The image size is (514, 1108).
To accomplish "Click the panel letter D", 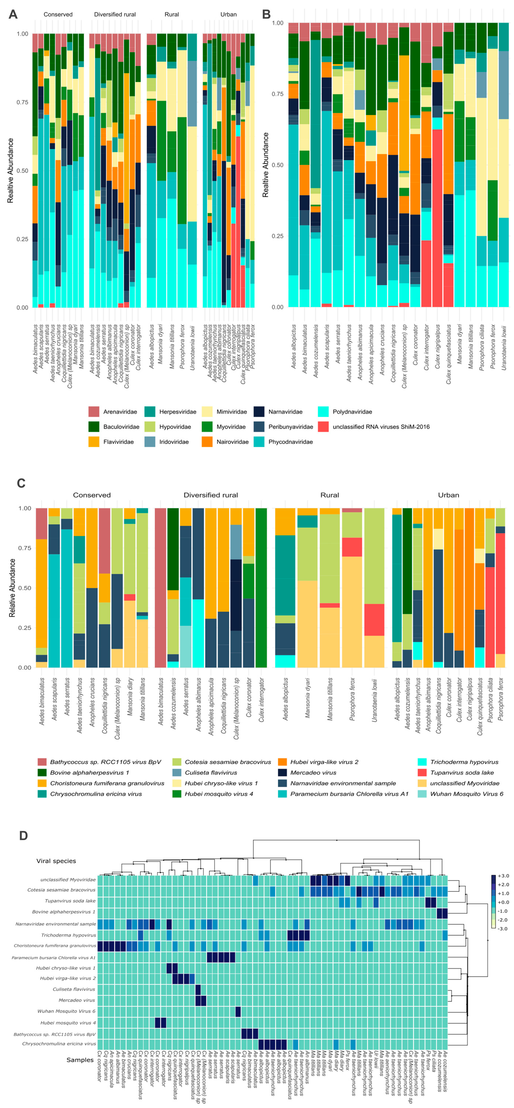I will click(23, 835).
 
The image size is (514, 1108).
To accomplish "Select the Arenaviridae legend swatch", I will click(94, 412).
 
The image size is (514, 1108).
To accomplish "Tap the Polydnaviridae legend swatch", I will click(323, 412).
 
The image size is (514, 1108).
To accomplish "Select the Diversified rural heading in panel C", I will click(211, 495).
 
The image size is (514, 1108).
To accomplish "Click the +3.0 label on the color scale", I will click(503, 876).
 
